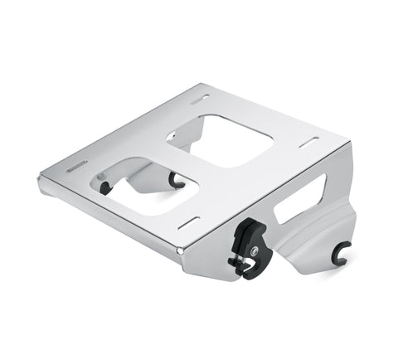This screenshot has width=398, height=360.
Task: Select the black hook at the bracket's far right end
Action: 340,254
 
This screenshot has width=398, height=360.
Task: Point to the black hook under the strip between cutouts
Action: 176,178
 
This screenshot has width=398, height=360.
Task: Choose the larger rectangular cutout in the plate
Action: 220,139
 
